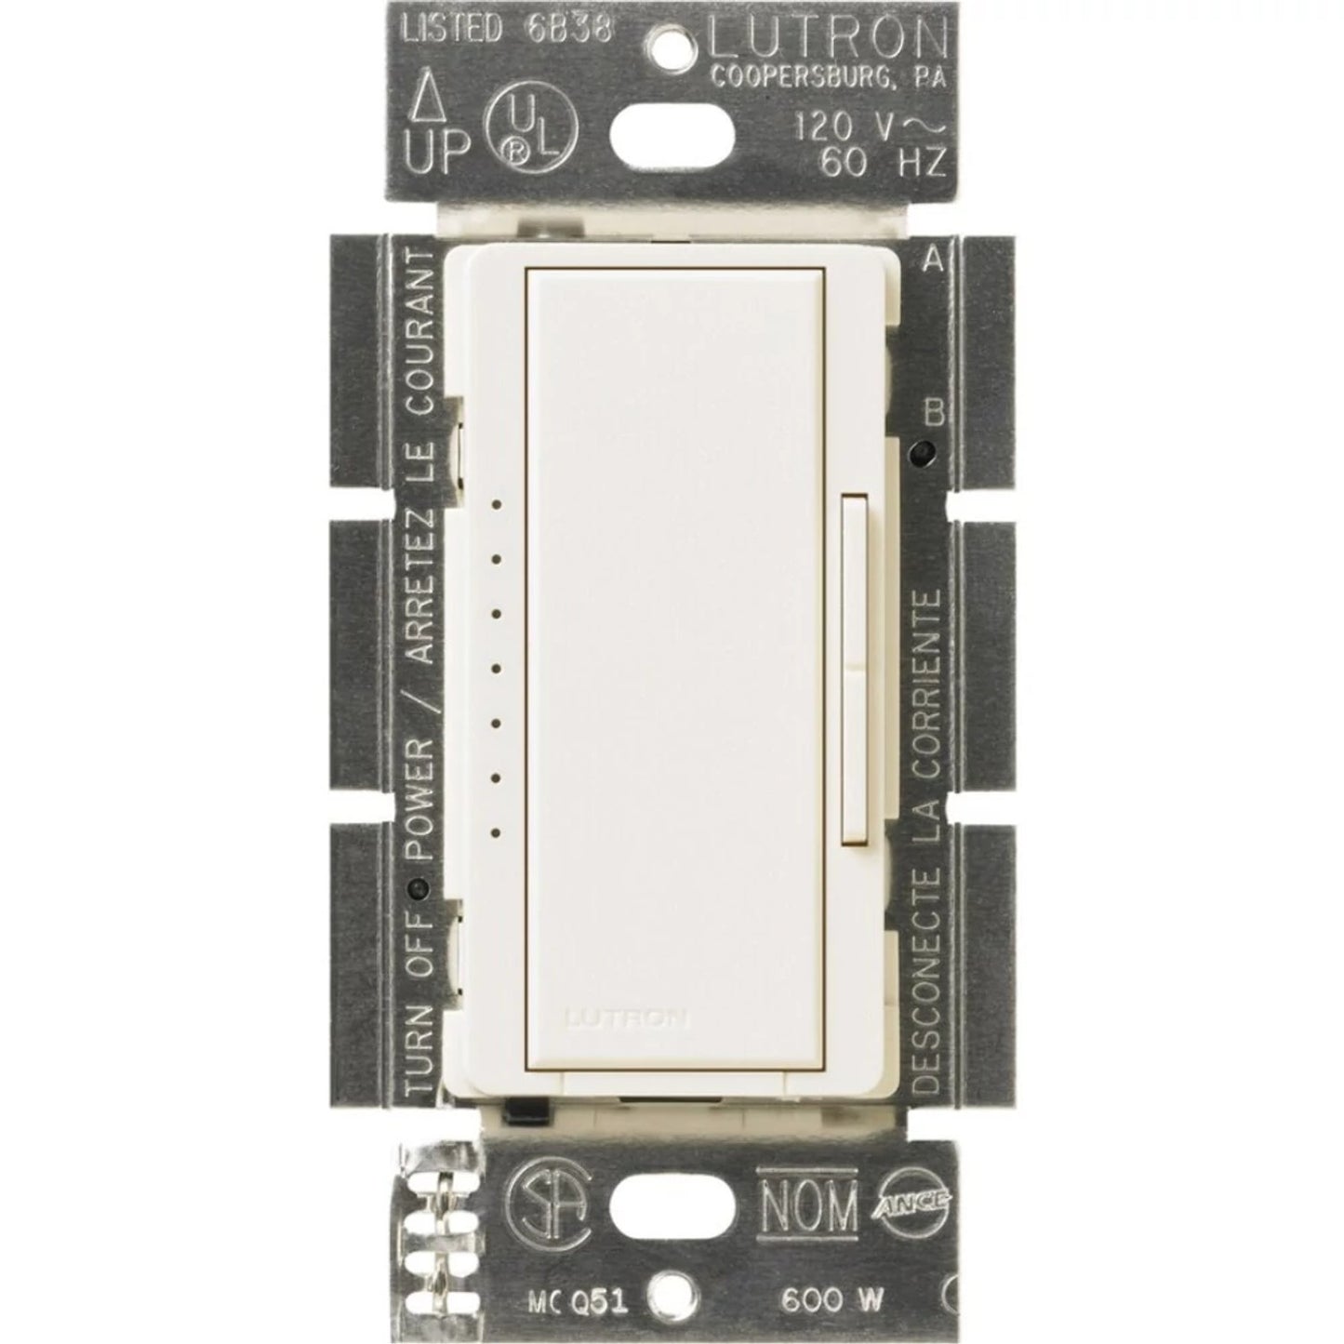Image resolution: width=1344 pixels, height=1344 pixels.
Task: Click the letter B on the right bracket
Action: tap(933, 411)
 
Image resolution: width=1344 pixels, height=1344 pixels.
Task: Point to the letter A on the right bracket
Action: tap(933, 261)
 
